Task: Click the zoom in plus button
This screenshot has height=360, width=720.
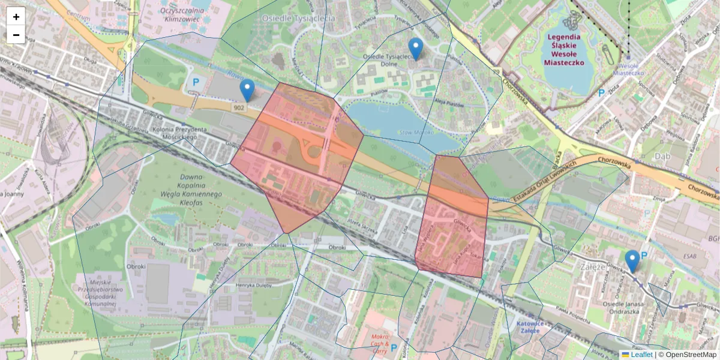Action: (x=16, y=16)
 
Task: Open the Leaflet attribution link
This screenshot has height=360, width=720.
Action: (x=641, y=355)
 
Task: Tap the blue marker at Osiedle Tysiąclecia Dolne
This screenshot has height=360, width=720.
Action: (x=415, y=49)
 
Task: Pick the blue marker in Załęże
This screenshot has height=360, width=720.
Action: (x=632, y=262)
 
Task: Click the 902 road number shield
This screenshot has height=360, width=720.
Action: (x=239, y=107)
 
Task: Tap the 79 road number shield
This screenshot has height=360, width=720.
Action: (x=496, y=72)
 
